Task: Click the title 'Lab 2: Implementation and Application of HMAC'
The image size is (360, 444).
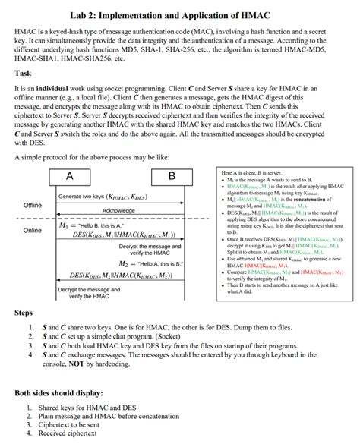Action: tap(179, 13)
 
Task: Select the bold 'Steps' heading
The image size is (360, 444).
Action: tap(24, 312)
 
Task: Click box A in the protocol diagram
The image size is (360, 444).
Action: tap(70, 176)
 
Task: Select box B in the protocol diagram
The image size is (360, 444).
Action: tap(171, 176)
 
